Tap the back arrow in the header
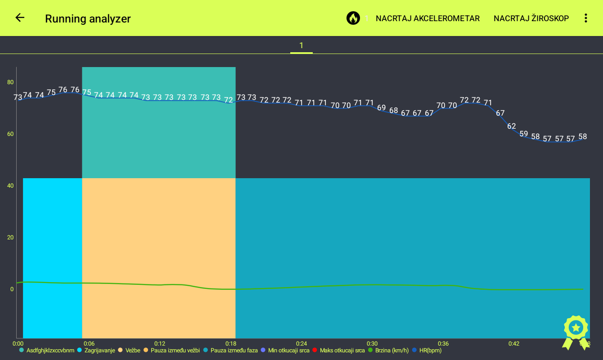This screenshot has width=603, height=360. coord(20,18)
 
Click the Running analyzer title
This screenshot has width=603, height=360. coord(88,18)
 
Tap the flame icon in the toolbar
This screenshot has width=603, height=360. coord(353,18)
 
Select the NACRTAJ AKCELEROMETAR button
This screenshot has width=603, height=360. coord(427,18)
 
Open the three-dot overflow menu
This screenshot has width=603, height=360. coord(585,18)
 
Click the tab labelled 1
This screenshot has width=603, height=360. coord(301,45)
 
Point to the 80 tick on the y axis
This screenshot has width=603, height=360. coord(10,82)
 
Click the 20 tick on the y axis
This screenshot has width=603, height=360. coord(10,238)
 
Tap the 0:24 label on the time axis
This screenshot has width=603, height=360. coord(301,344)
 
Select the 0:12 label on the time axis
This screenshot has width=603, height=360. coord(160,344)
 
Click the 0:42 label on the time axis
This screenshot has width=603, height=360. coord(514,344)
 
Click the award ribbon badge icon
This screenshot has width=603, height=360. coord(576,332)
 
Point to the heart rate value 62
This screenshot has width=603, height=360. coord(512,126)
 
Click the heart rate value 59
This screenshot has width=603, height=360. coord(523,134)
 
